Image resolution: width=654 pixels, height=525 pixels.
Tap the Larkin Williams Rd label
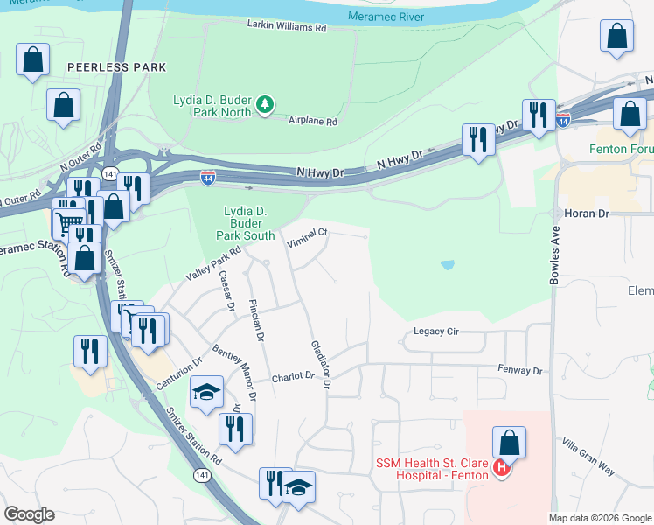point(286,27)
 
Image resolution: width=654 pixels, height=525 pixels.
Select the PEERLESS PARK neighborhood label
point(115,67)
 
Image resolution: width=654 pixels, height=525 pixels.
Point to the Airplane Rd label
point(314,122)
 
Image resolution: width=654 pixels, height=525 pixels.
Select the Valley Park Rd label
point(212,263)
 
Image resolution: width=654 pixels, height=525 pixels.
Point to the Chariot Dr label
point(292,375)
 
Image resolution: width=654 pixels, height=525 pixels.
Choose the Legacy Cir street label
point(436,332)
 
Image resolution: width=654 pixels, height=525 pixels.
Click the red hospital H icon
point(502,469)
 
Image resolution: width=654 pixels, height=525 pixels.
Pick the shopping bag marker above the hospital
point(509,444)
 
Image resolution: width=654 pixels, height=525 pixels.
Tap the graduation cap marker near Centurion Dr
point(206,392)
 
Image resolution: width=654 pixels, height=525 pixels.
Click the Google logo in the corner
point(29,514)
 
